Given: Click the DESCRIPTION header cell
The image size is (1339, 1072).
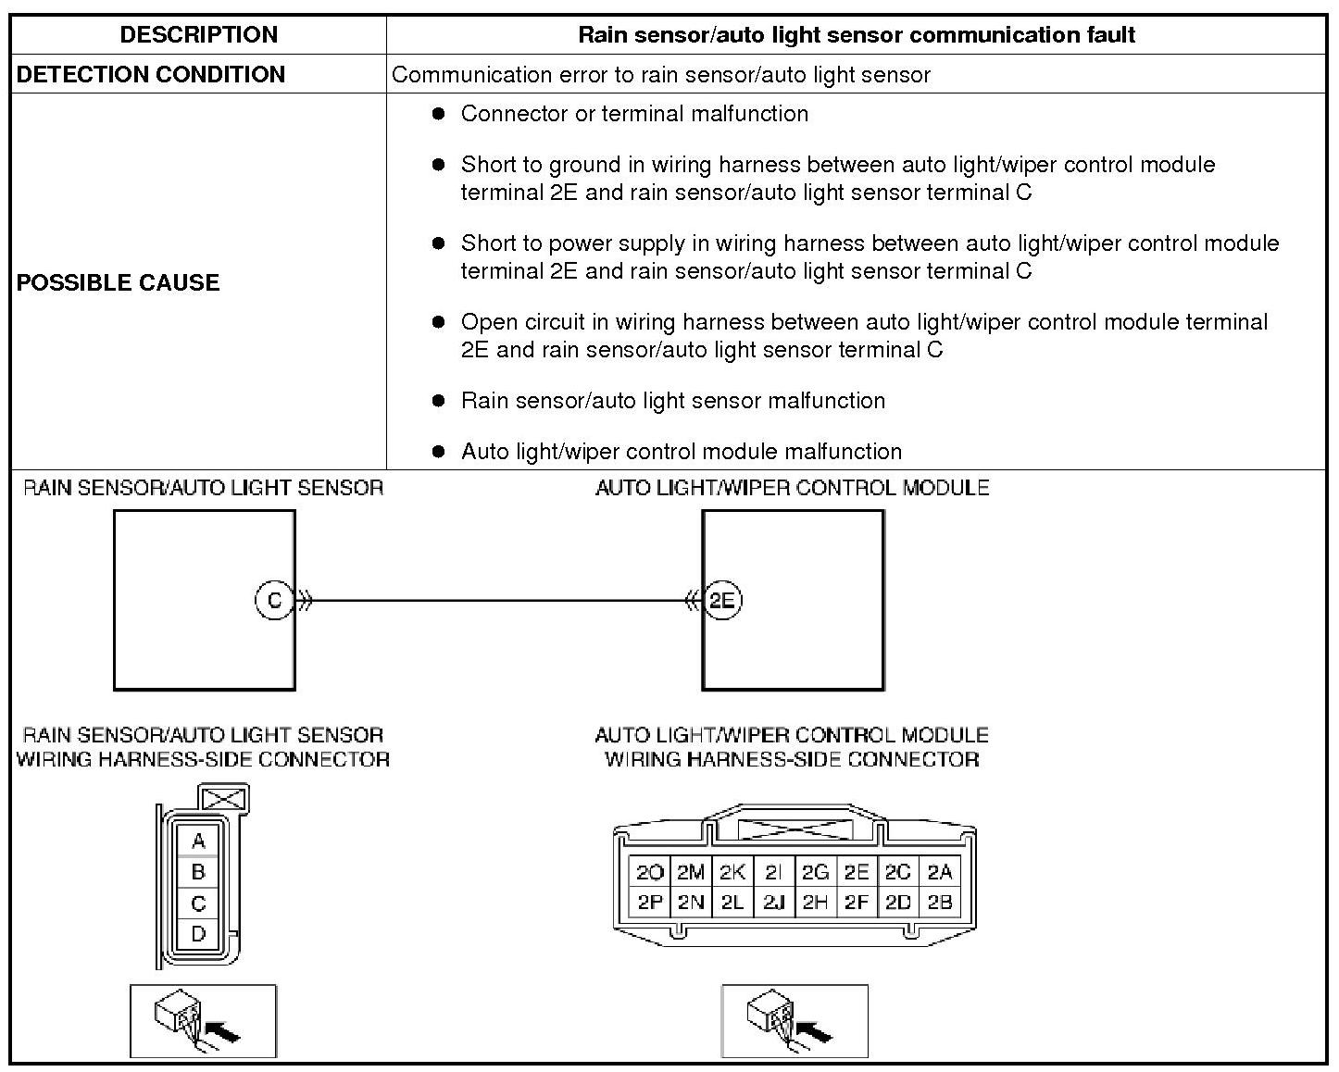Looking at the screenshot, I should [198, 35].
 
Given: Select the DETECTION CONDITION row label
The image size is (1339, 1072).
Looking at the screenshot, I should [151, 74].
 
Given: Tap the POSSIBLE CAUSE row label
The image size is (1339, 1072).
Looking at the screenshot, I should [119, 282].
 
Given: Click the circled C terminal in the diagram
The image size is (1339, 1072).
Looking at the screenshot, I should [274, 600].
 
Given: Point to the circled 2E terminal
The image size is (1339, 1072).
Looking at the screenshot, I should [722, 600].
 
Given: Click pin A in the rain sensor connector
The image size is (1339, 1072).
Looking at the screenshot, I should [198, 841].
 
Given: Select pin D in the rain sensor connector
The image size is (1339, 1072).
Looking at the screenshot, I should [198, 933].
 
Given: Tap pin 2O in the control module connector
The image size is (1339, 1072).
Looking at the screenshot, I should [650, 872].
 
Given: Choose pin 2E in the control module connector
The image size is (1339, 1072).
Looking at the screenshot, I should [857, 872].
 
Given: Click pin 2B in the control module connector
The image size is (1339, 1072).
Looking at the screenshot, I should [940, 902].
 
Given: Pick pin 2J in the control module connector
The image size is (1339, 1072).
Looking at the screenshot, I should [773, 902].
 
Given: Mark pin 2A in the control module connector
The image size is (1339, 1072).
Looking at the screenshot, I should [940, 872].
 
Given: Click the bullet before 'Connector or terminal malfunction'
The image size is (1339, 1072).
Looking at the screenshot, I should [439, 114].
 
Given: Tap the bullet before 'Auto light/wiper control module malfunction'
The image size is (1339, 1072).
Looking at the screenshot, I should [439, 452].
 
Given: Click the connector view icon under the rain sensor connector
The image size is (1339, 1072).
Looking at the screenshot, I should [203, 1021].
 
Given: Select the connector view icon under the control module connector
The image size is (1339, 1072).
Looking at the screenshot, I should [795, 1021].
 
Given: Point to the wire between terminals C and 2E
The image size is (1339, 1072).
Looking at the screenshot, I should [500, 600].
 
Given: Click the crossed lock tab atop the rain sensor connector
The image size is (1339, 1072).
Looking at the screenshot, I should [224, 799].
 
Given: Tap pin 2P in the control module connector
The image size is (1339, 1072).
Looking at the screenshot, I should [650, 902].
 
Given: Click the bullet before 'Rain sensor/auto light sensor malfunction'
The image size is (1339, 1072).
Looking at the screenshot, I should [439, 401].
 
